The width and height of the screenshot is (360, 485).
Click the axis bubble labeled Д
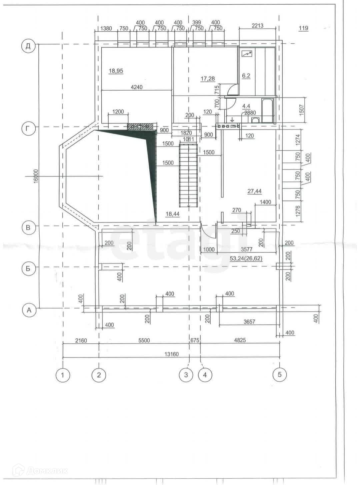click(x=28, y=47)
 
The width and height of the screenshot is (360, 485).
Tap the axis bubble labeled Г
click(x=28, y=129)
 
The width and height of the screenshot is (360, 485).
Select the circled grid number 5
click(x=280, y=375)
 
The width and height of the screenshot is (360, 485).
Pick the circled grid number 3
click(x=186, y=375)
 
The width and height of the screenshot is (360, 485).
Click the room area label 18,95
click(x=116, y=71)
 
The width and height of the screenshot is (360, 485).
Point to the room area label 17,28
click(x=208, y=79)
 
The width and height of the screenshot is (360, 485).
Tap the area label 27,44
click(x=255, y=191)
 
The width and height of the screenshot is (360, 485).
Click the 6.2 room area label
click(x=246, y=76)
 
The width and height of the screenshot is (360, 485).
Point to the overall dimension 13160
click(x=172, y=354)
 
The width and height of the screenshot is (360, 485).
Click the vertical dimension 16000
click(x=36, y=176)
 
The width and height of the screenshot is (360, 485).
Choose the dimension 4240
click(x=137, y=87)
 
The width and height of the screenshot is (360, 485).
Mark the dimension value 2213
click(x=258, y=26)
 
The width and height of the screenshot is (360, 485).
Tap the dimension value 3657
click(x=249, y=322)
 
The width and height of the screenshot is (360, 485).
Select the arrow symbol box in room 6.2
click(x=247, y=53)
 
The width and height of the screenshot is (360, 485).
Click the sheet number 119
click(x=304, y=28)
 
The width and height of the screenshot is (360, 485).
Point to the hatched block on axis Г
click(x=140, y=127)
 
